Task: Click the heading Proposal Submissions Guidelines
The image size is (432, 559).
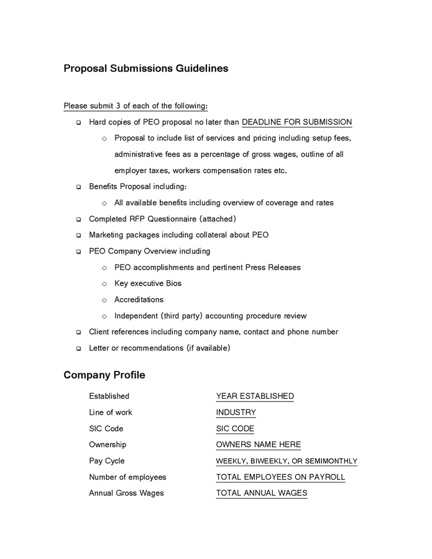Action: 145,68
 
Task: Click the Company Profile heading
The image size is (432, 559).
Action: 104,375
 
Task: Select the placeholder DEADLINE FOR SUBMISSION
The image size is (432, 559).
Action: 296,122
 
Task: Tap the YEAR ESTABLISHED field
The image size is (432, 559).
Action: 255,396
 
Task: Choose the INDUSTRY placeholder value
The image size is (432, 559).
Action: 236,412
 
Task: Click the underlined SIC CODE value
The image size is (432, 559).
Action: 235,429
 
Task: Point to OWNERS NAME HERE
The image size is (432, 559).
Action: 258,445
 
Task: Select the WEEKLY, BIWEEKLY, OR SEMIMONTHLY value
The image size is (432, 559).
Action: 287,461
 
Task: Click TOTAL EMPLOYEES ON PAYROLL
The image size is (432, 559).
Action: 280,477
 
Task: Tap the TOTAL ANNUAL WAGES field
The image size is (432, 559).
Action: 262,493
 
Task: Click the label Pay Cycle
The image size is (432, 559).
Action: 107,461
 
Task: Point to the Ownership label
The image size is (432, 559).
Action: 108,445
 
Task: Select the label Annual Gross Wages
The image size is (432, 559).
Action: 126,493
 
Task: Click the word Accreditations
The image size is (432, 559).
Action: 139,299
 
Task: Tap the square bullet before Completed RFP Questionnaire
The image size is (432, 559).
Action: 79,219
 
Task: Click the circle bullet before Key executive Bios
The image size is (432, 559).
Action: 104,284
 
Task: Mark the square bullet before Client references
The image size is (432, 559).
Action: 79,332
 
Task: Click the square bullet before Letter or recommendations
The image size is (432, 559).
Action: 79,348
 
